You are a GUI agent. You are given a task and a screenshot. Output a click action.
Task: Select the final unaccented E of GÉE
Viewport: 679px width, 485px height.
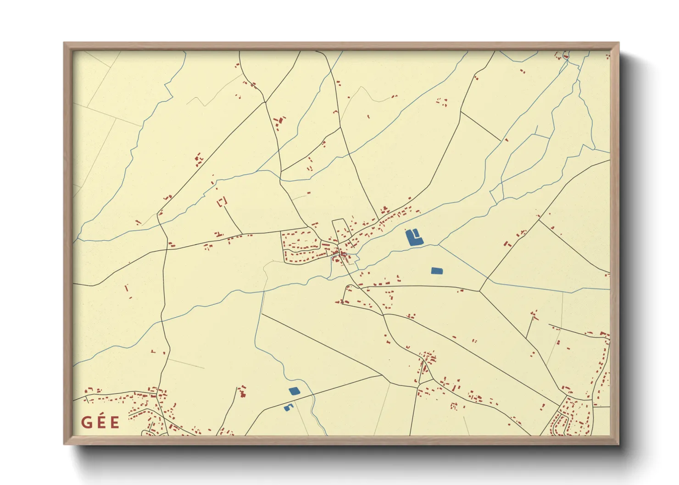tap(115, 422)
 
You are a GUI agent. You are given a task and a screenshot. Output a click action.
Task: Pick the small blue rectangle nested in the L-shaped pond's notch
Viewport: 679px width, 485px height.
tap(416, 234)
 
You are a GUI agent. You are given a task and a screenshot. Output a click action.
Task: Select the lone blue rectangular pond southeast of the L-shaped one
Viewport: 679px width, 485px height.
tap(437, 270)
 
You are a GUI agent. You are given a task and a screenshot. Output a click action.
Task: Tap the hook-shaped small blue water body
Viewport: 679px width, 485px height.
tap(288, 408)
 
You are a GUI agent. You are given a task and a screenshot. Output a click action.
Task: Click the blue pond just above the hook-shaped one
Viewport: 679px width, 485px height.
tap(294, 391)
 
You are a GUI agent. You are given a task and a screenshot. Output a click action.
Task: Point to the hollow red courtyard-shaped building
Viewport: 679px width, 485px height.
tap(222, 202)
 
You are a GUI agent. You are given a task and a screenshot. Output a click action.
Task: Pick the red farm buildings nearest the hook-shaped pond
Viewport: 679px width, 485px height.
tap(242, 391)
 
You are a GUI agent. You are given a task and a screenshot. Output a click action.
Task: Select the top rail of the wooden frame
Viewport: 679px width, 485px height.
tap(341, 46)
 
